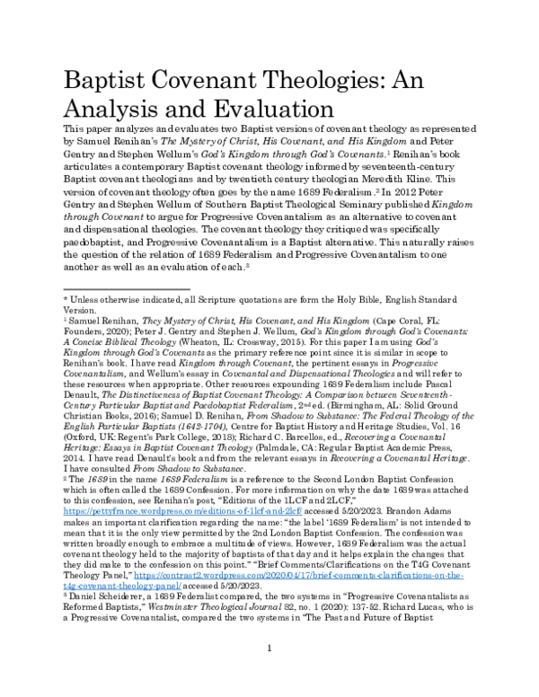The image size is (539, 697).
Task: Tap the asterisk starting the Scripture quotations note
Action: [64, 297]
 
